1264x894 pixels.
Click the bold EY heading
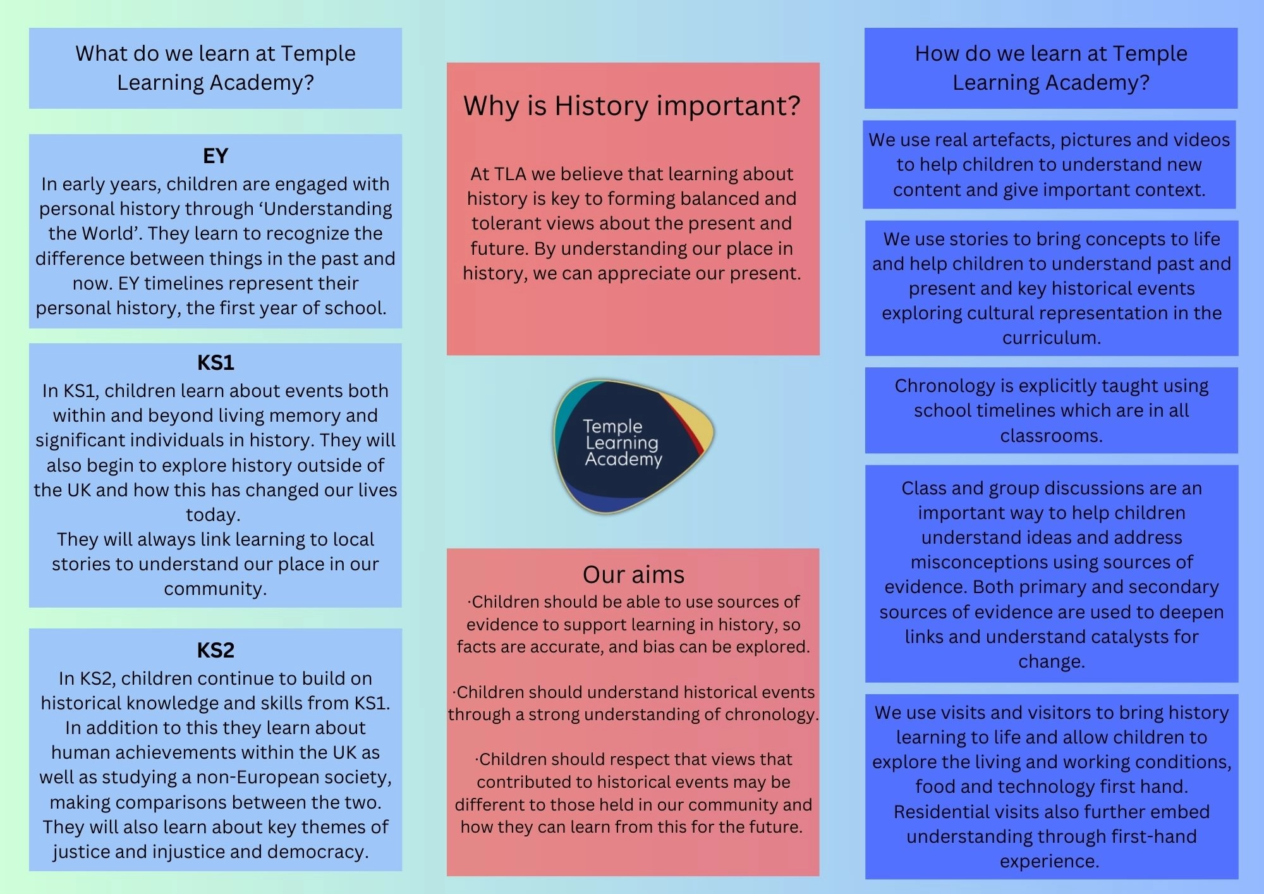coord(216,156)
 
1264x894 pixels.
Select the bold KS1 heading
coord(216,363)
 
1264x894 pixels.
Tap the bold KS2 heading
coord(216,651)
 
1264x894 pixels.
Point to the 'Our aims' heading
coord(633,575)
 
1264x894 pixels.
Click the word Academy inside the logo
coord(623,459)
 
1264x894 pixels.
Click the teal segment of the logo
coord(572,405)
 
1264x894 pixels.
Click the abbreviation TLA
coord(509,174)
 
